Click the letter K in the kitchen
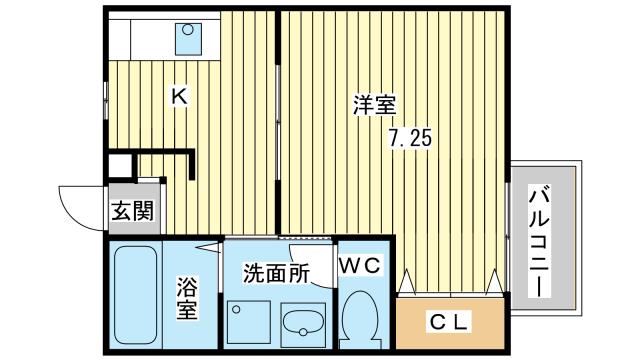(x=179, y=97)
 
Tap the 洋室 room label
(x=375, y=102)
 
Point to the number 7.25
(x=409, y=139)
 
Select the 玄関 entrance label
(x=131, y=211)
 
